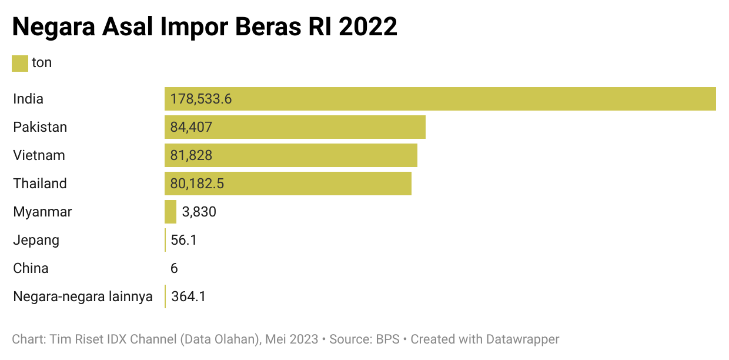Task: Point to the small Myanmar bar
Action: click(170, 212)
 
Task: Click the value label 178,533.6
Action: click(201, 99)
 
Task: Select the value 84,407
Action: click(191, 127)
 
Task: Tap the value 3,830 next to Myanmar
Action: click(199, 212)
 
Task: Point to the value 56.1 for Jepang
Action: click(183, 240)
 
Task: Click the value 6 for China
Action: click(174, 268)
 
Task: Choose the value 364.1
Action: click(188, 296)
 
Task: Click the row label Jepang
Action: click(36, 240)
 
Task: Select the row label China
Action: click(31, 268)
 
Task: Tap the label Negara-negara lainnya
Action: click(83, 296)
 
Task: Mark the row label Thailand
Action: click(40, 184)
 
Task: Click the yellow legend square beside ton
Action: click(20, 63)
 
